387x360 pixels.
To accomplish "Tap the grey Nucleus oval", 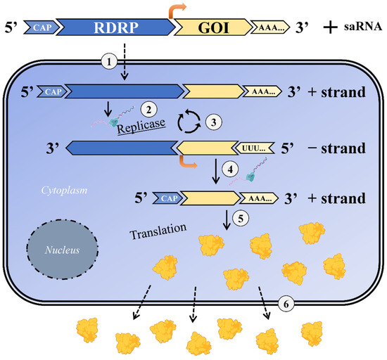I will coord(58,249).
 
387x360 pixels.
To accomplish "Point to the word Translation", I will coord(159,229).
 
